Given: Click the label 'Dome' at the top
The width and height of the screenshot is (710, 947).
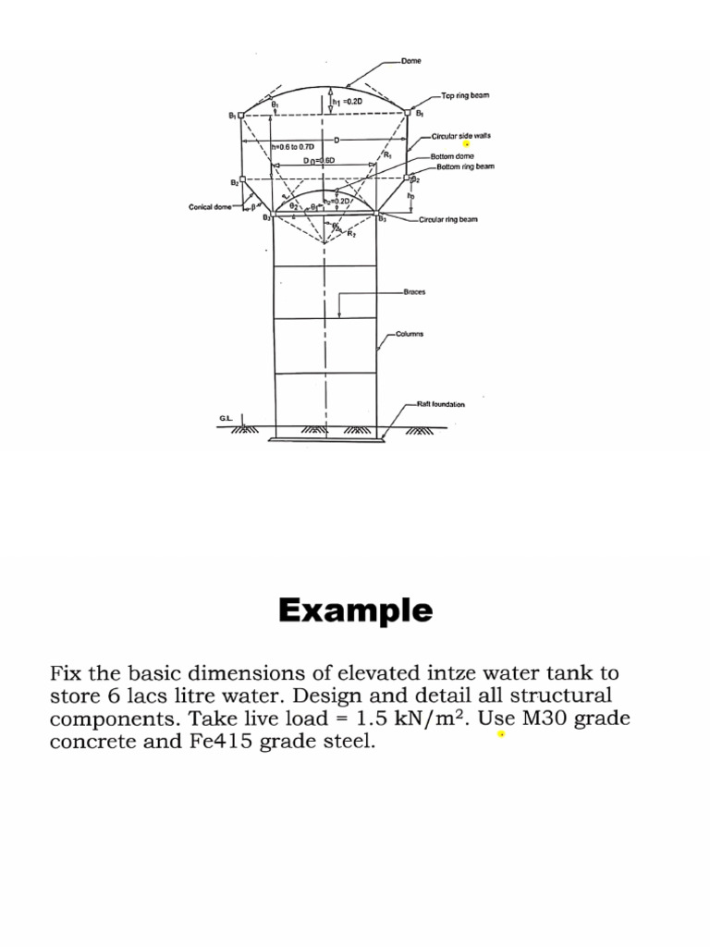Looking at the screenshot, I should click(411, 61).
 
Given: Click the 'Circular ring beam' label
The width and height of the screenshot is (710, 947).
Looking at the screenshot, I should click(448, 220).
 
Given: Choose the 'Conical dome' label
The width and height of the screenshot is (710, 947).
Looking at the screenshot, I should click(209, 207).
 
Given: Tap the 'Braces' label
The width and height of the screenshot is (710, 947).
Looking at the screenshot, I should click(413, 291).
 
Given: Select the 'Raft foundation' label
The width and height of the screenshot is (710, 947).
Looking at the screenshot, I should click(441, 404).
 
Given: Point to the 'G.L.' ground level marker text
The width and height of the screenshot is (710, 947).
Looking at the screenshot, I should click(226, 419).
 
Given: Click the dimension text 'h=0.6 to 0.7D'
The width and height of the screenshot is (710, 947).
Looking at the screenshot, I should click(293, 146).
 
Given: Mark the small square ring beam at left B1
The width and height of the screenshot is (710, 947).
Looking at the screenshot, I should click(242, 115).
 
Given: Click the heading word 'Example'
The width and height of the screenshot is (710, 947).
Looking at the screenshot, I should click(355, 610).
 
